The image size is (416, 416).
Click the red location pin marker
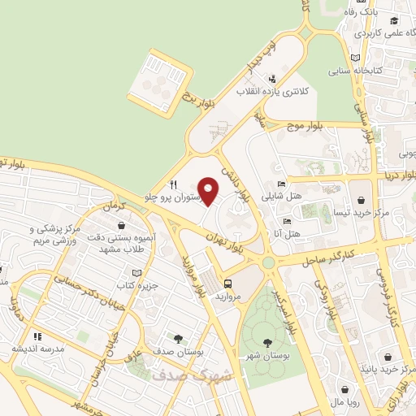point(209,190)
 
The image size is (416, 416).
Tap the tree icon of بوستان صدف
point(177,336)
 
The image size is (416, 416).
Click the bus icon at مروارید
point(228,284)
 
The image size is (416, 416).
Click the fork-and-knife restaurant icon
point(173,184)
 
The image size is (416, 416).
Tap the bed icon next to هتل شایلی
point(281,184)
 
